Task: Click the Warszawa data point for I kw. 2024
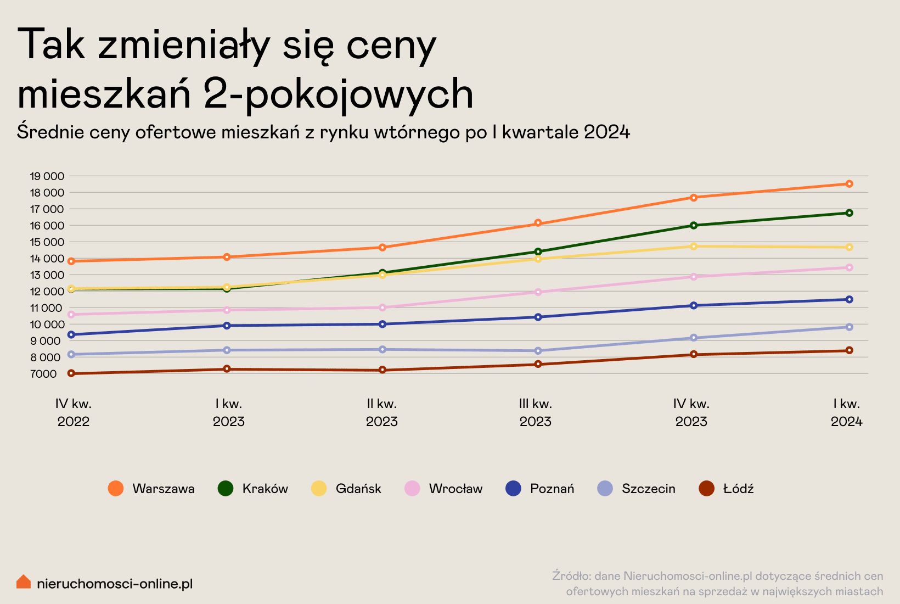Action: pos(850,184)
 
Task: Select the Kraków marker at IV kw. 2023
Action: pos(694,226)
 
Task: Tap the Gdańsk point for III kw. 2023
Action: pos(538,259)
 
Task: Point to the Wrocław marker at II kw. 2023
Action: pos(383,307)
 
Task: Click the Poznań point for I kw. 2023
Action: pos(227,325)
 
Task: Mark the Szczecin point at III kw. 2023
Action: pos(538,351)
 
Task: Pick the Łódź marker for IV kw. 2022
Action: pos(71,373)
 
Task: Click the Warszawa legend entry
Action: pos(151,488)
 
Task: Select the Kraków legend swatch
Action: pos(226,488)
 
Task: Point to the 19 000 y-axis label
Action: pos(47,176)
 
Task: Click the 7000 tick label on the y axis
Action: pos(43,374)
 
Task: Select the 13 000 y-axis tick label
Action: pos(47,275)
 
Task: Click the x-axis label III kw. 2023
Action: pos(536,412)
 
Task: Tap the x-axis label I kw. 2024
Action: pos(847,412)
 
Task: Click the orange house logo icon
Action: pos(24,581)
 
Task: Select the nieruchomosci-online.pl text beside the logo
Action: pos(115,584)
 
